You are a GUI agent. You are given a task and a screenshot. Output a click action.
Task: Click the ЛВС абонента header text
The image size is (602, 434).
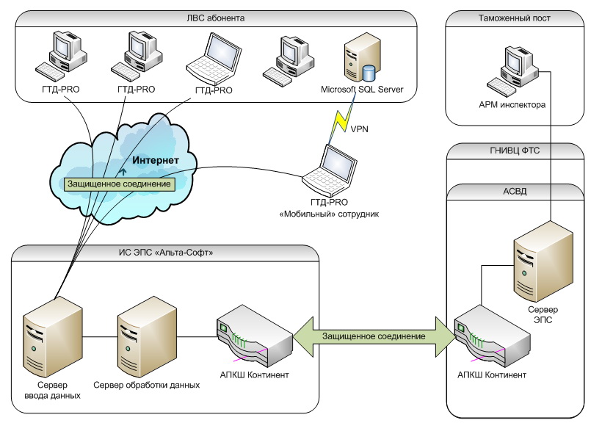216,17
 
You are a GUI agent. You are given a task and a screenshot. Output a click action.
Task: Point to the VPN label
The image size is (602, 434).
360,129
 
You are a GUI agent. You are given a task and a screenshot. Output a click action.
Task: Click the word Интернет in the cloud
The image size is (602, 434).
155,159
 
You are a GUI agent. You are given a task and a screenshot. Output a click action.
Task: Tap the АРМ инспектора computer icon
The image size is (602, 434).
512,71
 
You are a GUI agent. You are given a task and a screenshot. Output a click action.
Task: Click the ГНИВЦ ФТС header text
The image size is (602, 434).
515,151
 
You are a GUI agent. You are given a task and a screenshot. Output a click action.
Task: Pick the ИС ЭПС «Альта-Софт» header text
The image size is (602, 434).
167,253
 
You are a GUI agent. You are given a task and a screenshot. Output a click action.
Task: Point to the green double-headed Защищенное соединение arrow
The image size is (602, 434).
373,336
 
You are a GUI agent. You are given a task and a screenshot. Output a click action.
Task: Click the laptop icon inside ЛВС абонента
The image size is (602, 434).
213,60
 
